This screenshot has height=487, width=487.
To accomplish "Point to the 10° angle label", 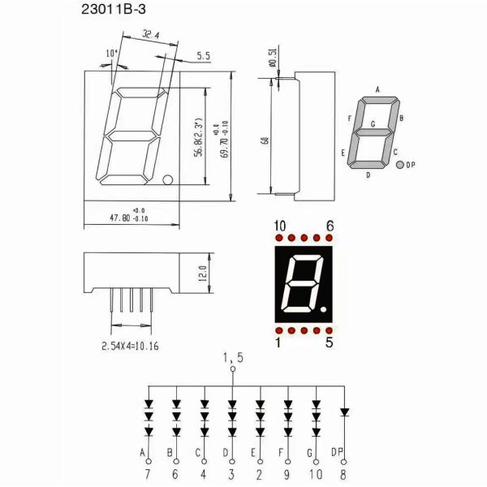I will tap(111, 54).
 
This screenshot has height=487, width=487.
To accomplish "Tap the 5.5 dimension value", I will tap(203, 56).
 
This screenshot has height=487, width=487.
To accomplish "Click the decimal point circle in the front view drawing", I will tap(168, 179).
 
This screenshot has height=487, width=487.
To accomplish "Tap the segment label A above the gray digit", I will tap(377, 90).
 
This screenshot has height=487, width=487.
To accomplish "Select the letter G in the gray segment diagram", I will tap(373, 124).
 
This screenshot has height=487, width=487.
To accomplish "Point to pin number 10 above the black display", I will tap(279, 225).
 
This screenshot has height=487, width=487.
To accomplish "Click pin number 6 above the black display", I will tap(330, 225).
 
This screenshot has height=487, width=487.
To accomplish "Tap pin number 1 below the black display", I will tap(279, 343).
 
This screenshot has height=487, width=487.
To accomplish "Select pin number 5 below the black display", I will tap(330, 343).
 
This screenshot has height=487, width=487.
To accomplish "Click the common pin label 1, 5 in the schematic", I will tap(233, 357).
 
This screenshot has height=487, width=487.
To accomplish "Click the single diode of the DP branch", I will tap(344, 412).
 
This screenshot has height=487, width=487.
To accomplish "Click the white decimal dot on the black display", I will tap(323, 309).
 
